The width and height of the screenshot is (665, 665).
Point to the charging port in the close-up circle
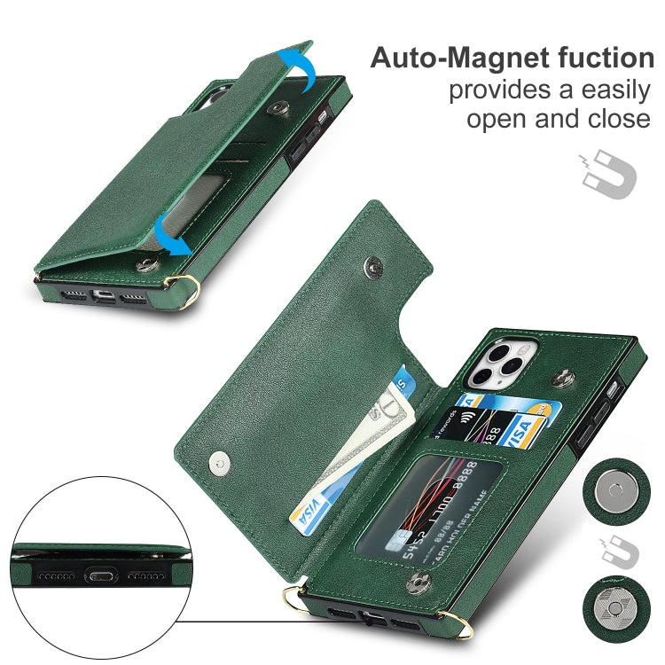point(98,575)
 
